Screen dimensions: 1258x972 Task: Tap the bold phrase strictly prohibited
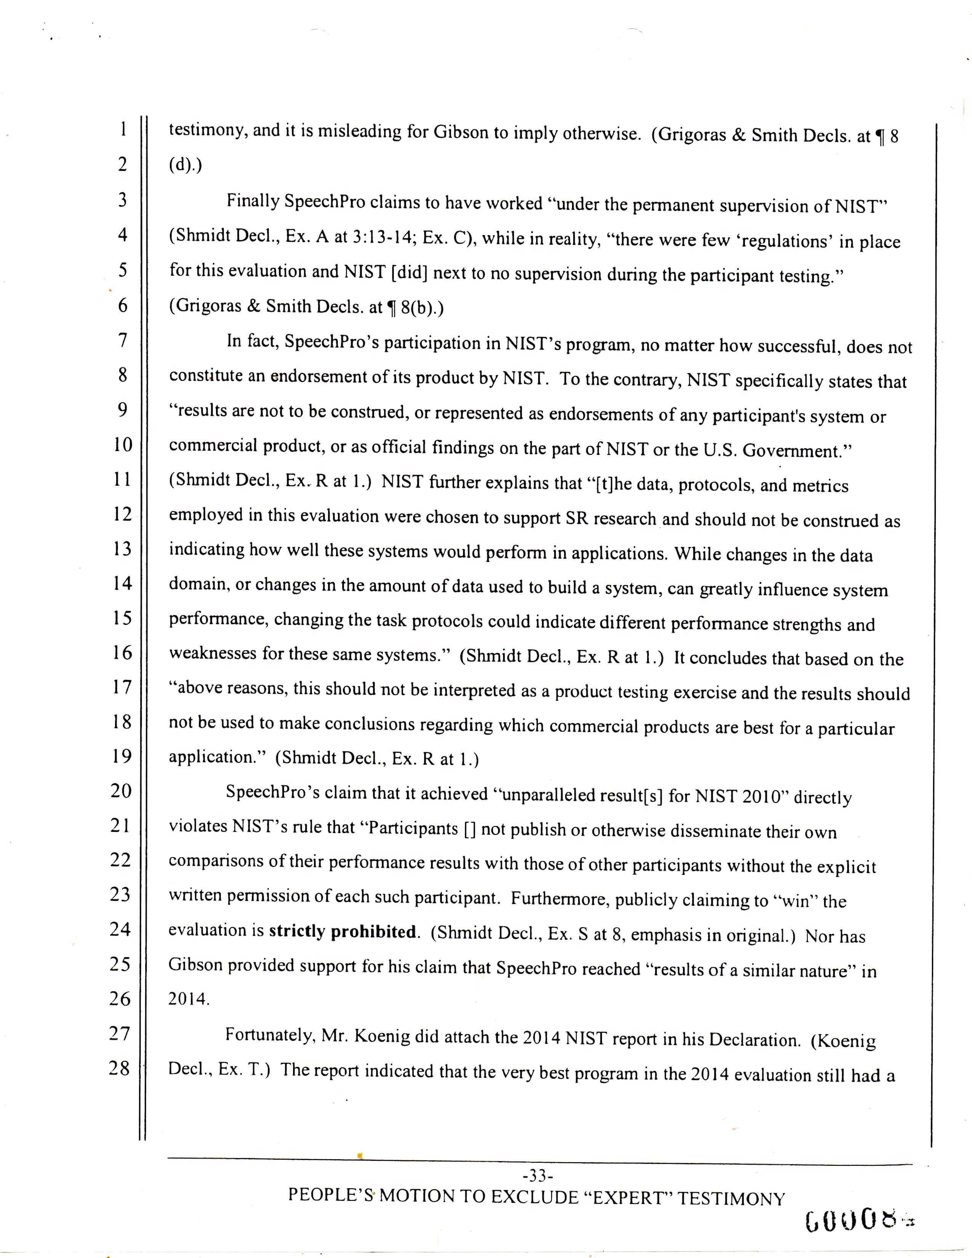(x=343, y=931)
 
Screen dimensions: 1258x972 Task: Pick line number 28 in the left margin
(x=120, y=1068)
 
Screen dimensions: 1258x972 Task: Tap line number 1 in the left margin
(x=123, y=128)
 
